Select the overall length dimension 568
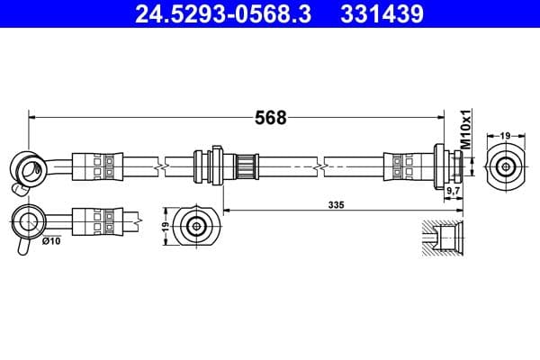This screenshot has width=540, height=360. click(271, 118)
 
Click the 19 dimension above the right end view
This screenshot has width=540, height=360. click(506, 135)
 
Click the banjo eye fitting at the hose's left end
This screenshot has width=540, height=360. click(25, 166)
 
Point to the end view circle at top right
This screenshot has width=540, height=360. click(506, 166)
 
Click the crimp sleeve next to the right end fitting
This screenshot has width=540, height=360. click(401, 166)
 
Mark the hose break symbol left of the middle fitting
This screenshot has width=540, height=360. click(159, 166)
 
